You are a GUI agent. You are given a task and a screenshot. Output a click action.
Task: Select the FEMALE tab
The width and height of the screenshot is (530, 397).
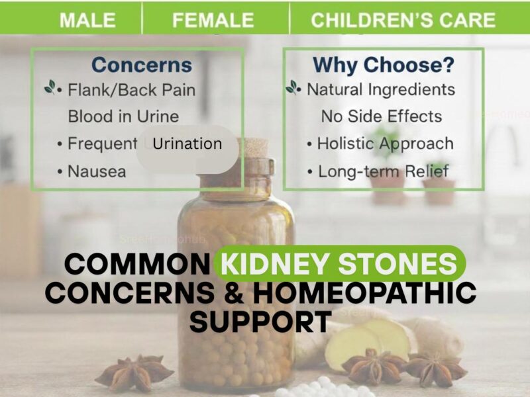[x=213, y=21]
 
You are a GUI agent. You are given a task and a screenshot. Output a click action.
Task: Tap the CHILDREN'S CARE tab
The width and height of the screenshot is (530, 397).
[x=403, y=21]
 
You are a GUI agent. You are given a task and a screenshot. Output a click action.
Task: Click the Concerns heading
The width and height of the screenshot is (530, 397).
[x=141, y=65]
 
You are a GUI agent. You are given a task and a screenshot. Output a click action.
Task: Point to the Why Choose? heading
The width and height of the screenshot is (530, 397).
[x=383, y=65]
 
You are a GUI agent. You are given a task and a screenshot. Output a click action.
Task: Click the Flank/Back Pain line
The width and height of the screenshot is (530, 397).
[x=131, y=89]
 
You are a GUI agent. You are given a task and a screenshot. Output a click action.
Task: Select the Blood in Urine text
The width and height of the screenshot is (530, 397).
[x=123, y=116]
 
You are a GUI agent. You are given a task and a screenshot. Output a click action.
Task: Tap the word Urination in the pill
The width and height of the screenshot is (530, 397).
[x=187, y=144]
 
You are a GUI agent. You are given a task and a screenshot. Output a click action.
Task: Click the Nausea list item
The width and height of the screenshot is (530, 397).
[x=97, y=171]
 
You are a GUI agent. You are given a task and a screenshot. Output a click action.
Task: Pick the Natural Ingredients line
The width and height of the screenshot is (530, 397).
[x=380, y=89]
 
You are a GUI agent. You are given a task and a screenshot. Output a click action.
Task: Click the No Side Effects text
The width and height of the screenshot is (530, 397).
[x=382, y=116]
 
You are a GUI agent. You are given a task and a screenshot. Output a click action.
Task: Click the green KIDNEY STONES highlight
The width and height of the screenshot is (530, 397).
[x=340, y=264]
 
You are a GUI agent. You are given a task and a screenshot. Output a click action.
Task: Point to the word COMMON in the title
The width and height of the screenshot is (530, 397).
[x=137, y=265]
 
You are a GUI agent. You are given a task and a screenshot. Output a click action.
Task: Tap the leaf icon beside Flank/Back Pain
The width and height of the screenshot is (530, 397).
[x=51, y=87]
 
